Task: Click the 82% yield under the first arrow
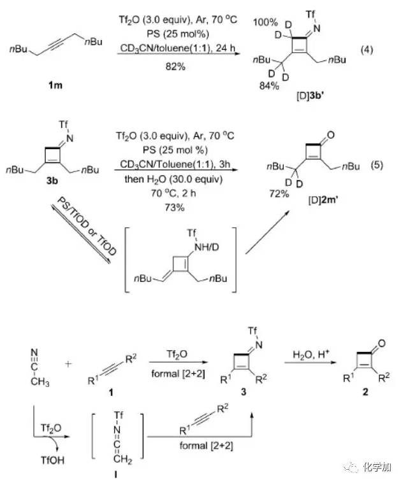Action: tap(173, 67)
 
